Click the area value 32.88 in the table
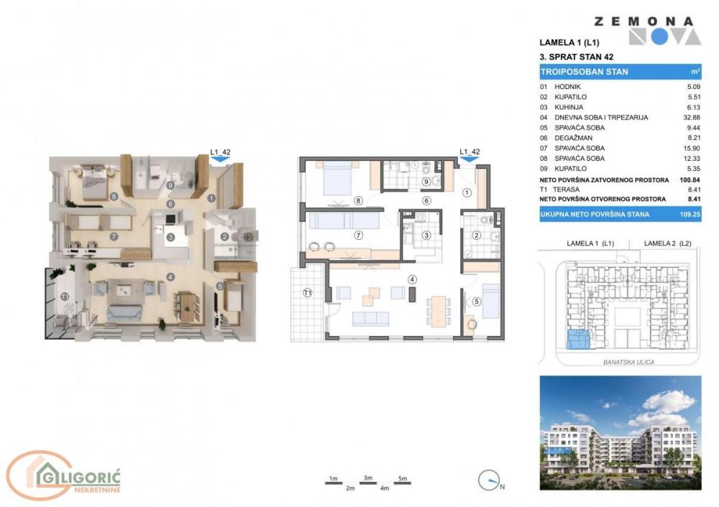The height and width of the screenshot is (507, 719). [692, 117]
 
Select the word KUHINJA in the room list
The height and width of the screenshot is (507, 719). [569, 107]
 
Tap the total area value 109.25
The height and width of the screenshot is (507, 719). [690, 214]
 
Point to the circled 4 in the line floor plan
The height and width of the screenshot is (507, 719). [413, 279]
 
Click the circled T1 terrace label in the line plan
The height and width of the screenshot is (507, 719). [308, 293]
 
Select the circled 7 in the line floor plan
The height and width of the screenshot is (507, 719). [359, 235]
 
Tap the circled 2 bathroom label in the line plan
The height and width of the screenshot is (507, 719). [477, 235]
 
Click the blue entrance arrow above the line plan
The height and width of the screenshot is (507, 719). [470, 159]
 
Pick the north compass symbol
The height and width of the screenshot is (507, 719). [490, 481]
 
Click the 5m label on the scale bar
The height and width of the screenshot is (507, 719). [403, 478]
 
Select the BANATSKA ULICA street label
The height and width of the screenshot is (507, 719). [628, 362]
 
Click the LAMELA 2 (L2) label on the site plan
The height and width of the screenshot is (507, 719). [667, 243]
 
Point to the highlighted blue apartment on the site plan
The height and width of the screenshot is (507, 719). [577, 340]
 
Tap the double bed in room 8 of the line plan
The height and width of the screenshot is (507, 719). [337, 178]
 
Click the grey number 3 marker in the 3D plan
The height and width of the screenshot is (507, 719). [170, 237]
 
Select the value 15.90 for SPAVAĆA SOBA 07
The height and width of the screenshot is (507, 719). [692, 148]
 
